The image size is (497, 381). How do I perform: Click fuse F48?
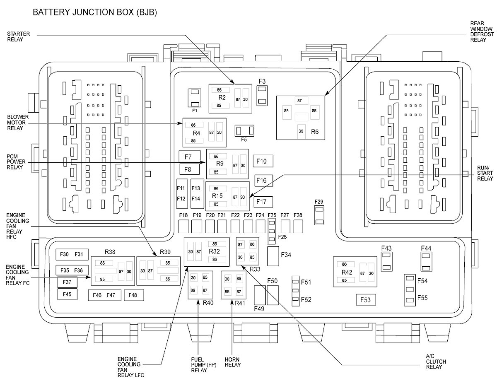(x=133, y=295)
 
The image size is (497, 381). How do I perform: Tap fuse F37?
(x=67, y=282)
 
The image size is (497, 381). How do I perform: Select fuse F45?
(x=67, y=294)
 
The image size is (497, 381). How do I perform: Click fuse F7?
(x=188, y=157)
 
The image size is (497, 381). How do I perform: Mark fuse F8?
(x=188, y=169)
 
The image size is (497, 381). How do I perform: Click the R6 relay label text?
(x=314, y=132)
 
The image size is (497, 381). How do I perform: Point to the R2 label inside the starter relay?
(x=222, y=98)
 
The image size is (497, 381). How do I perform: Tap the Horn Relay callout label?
(x=233, y=362)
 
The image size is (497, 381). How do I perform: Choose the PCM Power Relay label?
(x=15, y=162)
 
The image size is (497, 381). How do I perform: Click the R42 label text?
(x=347, y=272)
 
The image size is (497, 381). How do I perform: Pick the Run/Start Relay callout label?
(x=485, y=176)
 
